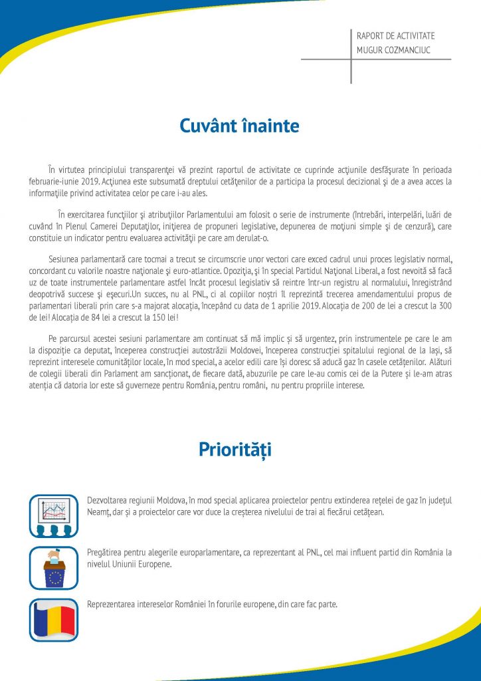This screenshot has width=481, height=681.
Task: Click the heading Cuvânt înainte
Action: (240, 125)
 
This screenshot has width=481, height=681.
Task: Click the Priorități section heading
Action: (235, 450)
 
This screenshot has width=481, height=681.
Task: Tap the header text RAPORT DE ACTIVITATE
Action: (395, 36)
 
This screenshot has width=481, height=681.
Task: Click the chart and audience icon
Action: (54, 516)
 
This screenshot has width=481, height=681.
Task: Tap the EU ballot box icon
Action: (54, 567)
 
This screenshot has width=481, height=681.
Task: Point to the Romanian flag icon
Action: (54, 620)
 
